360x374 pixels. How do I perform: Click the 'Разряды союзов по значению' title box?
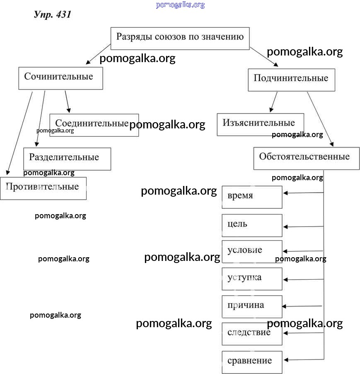[x=180, y=38]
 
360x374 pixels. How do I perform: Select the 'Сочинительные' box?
[x=60, y=78]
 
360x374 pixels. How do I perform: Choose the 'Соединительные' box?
[x=94, y=125]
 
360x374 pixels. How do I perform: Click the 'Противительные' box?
[x=43, y=188]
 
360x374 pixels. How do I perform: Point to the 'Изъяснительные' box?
[x=260, y=124]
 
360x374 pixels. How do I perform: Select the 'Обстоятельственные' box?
[x=306, y=158]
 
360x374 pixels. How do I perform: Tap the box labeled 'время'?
[x=252, y=197]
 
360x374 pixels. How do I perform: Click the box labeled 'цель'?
[x=252, y=225]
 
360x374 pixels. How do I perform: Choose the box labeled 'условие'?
[x=252, y=251]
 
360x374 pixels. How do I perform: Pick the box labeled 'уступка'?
[x=252, y=278]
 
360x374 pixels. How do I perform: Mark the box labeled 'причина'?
[x=252, y=306]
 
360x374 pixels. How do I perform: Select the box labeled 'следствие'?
[x=252, y=333]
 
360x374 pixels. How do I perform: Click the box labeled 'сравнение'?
[x=252, y=362]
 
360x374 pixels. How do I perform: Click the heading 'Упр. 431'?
[x=53, y=14]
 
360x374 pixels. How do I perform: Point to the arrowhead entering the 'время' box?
[x=285, y=193]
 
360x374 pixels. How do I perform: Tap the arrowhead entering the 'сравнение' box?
[x=286, y=360]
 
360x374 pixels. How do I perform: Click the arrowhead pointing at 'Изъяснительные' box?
[x=271, y=110]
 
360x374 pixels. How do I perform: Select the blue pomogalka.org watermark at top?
[x=180, y=5]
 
